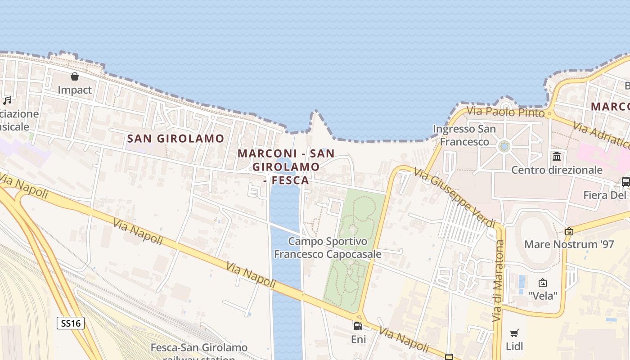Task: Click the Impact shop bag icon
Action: [75, 76]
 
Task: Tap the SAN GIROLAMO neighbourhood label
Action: [175, 139]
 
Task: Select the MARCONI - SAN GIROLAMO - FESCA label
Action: [286, 166]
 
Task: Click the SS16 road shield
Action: [71, 323]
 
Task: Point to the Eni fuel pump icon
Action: [358, 326]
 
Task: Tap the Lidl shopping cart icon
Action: [514, 333]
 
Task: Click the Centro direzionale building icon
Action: [557, 157]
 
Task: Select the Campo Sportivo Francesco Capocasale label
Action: [328, 248]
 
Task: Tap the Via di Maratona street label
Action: [498, 281]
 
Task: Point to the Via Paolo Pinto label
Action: [505, 112]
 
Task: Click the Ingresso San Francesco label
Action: [464, 135]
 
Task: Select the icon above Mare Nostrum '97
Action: [569, 231]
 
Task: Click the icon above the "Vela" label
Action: [543, 283]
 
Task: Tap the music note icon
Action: [7, 100]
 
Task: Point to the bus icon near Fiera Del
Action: [625, 182]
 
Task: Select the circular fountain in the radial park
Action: [504, 146]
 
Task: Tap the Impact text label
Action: [75, 90]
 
